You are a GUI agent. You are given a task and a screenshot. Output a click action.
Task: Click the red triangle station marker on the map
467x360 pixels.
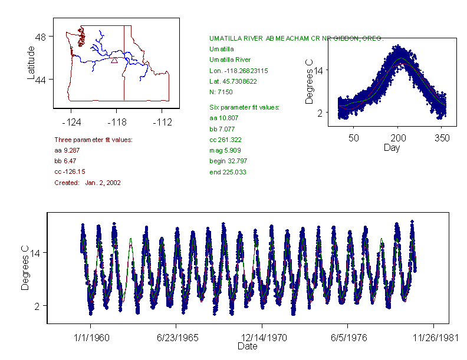(x=114, y=60)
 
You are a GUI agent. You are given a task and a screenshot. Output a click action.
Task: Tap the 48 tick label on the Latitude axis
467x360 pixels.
(x=41, y=37)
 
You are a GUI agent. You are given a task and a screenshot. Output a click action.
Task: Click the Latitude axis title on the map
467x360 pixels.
(x=31, y=62)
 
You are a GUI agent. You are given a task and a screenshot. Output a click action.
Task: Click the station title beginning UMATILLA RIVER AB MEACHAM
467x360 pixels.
(x=296, y=38)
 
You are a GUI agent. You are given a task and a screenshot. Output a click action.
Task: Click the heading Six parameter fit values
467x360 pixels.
(x=245, y=107)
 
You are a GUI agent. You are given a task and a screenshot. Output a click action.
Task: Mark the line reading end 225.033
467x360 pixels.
(x=228, y=172)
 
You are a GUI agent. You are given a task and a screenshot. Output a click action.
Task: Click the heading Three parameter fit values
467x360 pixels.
(x=93, y=140)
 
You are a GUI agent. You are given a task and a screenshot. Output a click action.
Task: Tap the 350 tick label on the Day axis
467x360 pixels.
(x=442, y=138)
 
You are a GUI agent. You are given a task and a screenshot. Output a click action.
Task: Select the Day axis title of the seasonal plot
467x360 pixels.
(x=392, y=147)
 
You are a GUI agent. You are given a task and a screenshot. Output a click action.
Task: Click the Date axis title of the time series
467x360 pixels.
(x=247, y=346)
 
